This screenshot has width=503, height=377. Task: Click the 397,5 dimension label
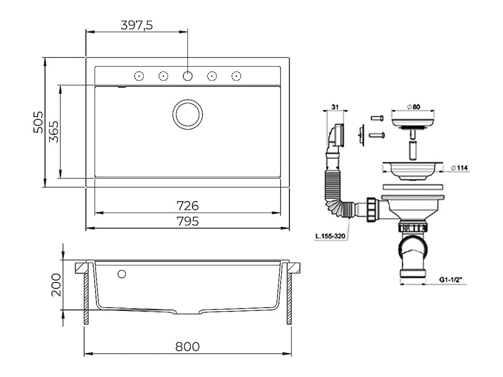click(136, 25)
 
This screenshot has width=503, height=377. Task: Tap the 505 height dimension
click(38, 122)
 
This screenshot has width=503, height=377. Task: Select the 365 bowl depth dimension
click(54, 132)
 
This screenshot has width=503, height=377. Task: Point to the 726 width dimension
click(187, 206)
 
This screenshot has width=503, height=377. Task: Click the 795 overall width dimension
click(187, 221)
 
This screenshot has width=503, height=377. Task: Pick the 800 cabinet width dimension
click(187, 347)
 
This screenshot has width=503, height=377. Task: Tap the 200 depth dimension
click(56, 285)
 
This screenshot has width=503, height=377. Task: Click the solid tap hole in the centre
click(188, 76)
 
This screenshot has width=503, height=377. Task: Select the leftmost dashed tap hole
click(139, 76)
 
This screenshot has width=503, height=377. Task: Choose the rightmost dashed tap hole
click(236, 76)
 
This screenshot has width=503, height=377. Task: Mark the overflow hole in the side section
click(122, 274)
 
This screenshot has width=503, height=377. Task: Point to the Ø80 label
click(413, 107)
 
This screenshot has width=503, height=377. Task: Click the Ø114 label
click(459, 168)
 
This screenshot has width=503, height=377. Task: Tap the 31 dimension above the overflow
click(335, 107)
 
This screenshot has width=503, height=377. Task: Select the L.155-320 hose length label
click(330, 236)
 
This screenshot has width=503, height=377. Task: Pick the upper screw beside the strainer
click(377, 118)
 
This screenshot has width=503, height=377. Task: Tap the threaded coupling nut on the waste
click(371, 210)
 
